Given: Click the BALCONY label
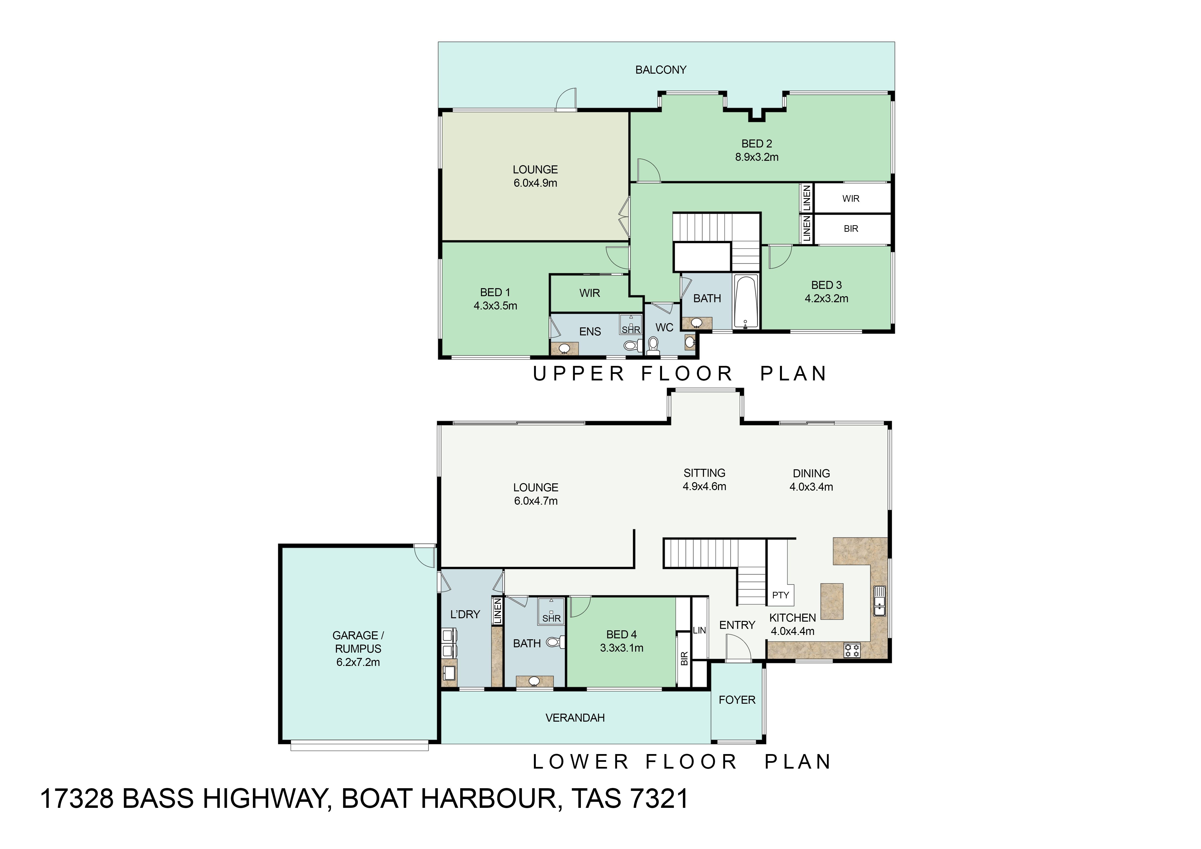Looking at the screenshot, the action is [x=661, y=69].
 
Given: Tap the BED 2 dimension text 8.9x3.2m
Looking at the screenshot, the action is [x=757, y=157].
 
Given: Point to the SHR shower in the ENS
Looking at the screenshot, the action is [x=631, y=324].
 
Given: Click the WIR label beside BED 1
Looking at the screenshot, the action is [x=590, y=293].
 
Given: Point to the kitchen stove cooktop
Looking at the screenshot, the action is [x=852, y=650].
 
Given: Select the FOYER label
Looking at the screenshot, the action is [x=737, y=700].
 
